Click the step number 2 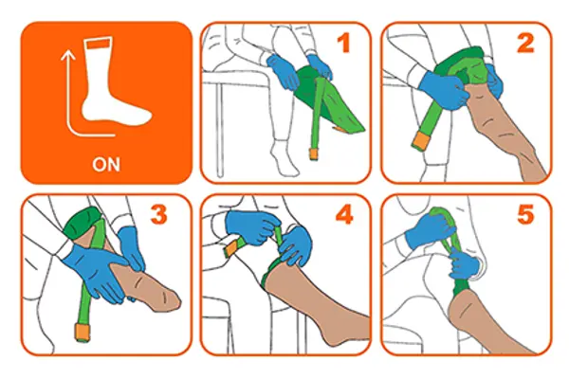pyautogui.click(x=526, y=45)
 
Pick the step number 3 pyautogui.click(x=158, y=216)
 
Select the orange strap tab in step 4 pyautogui.click(x=230, y=249)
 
